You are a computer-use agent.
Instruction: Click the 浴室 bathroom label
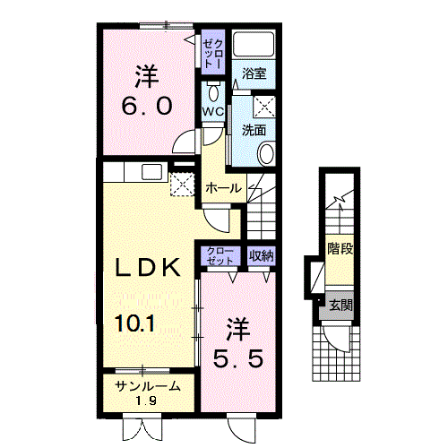point(254,73)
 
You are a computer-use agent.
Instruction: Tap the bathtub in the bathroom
point(254,44)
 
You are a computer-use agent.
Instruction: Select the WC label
point(213,112)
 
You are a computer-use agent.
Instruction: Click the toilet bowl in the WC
point(213,92)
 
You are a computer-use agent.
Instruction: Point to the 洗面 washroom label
point(254,130)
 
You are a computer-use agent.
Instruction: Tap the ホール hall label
point(224,188)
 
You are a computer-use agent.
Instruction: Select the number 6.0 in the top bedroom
point(147,107)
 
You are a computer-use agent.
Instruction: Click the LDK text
point(148,267)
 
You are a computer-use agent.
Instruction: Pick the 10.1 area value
point(135,323)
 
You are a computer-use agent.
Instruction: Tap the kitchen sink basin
point(152,172)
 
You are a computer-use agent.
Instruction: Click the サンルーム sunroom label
point(148,386)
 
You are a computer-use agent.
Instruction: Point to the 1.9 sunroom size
point(148,401)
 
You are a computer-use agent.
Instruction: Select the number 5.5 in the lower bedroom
point(238,358)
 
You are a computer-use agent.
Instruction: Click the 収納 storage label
point(262,255)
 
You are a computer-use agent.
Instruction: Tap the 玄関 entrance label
point(341,306)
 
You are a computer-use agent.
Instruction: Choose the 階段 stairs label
point(340,248)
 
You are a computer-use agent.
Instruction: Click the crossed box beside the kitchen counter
point(182,185)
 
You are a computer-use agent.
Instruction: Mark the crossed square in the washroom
point(264,107)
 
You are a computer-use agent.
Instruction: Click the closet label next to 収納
point(220,256)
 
